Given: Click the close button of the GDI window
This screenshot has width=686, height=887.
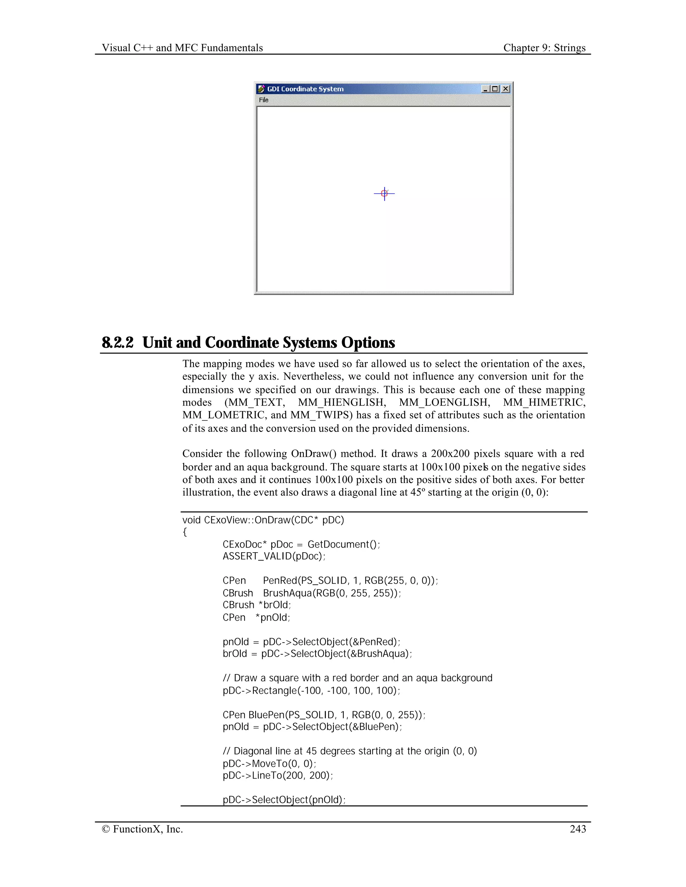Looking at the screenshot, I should [x=505, y=89].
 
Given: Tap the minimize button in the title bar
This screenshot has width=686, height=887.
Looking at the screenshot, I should [x=485, y=89].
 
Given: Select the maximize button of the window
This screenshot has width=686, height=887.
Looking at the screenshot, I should [x=495, y=89].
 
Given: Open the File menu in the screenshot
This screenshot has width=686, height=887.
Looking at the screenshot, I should [x=264, y=100].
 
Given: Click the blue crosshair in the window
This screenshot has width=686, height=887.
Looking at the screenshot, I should [x=384, y=194].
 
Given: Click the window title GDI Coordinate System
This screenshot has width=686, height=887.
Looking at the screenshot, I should [x=305, y=89].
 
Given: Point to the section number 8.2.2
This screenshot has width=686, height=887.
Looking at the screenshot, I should [x=118, y=342].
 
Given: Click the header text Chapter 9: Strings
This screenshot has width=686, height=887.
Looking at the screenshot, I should [x=544, y=48].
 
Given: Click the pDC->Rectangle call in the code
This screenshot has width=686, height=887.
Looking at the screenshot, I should [x=311, y=691].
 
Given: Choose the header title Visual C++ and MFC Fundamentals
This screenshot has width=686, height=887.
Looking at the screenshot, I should [x=182, y=48].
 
